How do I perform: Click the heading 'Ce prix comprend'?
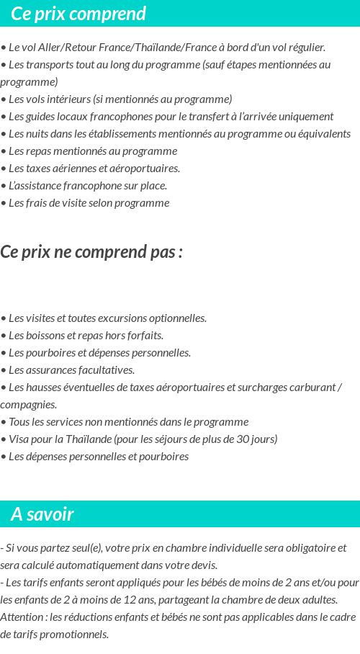78,14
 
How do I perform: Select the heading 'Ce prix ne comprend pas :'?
91,252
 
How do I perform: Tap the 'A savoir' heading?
42,514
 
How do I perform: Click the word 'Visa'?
19,439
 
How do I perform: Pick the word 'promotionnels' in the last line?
74,635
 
